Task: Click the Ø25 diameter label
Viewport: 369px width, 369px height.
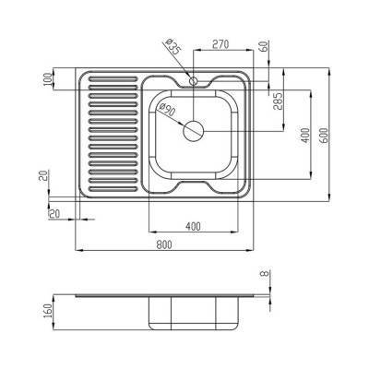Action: coord(172,46)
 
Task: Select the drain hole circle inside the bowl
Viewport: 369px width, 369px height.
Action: coord(194,130)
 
